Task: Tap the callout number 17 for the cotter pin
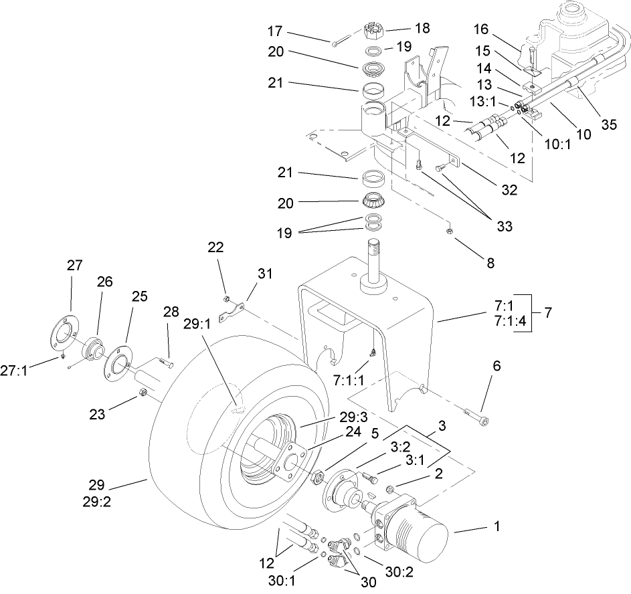click(x=310, y=31)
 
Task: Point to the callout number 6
click(x=496, y=366)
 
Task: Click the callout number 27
click(x=75, y=266)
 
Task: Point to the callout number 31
click(x=265, y=273)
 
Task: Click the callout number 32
click(x=509, y=189)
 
